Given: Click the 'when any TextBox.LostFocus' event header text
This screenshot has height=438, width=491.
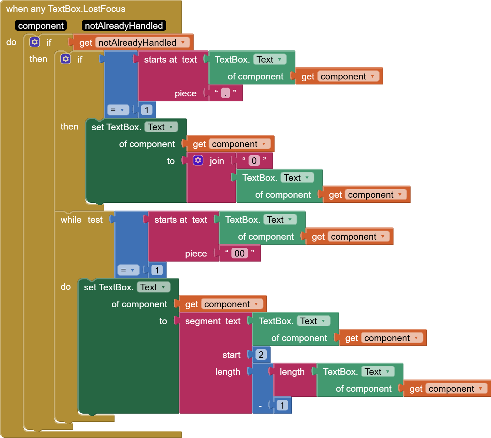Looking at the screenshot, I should (66, 9).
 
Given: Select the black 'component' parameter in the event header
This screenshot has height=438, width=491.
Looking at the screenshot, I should (41, 26).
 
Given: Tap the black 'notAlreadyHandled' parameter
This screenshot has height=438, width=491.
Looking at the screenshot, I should (124, 26).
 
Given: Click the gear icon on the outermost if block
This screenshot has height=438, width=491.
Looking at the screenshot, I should (34, 42).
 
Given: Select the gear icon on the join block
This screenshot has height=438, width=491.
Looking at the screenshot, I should (198, 160).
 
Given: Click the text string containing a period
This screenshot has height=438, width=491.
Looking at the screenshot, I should (225, 93).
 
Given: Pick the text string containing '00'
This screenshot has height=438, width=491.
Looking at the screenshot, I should (240, 253).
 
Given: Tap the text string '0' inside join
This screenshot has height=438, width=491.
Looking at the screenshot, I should (254, 160).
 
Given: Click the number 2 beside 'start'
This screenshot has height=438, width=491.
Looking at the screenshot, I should (261, 354).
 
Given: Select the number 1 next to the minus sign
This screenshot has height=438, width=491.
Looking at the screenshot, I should (282, 405).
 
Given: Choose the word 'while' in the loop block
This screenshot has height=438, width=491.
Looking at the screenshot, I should (71, 220).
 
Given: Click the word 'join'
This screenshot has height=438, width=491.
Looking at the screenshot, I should (217, 161).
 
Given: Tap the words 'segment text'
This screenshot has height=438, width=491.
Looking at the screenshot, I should (213, 321).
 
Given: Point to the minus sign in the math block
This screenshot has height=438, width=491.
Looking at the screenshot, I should (260, 405).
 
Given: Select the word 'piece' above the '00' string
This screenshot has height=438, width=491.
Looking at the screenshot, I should (196, 253).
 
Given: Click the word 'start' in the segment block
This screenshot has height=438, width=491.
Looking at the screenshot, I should (231, 355).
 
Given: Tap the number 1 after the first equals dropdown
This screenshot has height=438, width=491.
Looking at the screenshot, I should (147, 110).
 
